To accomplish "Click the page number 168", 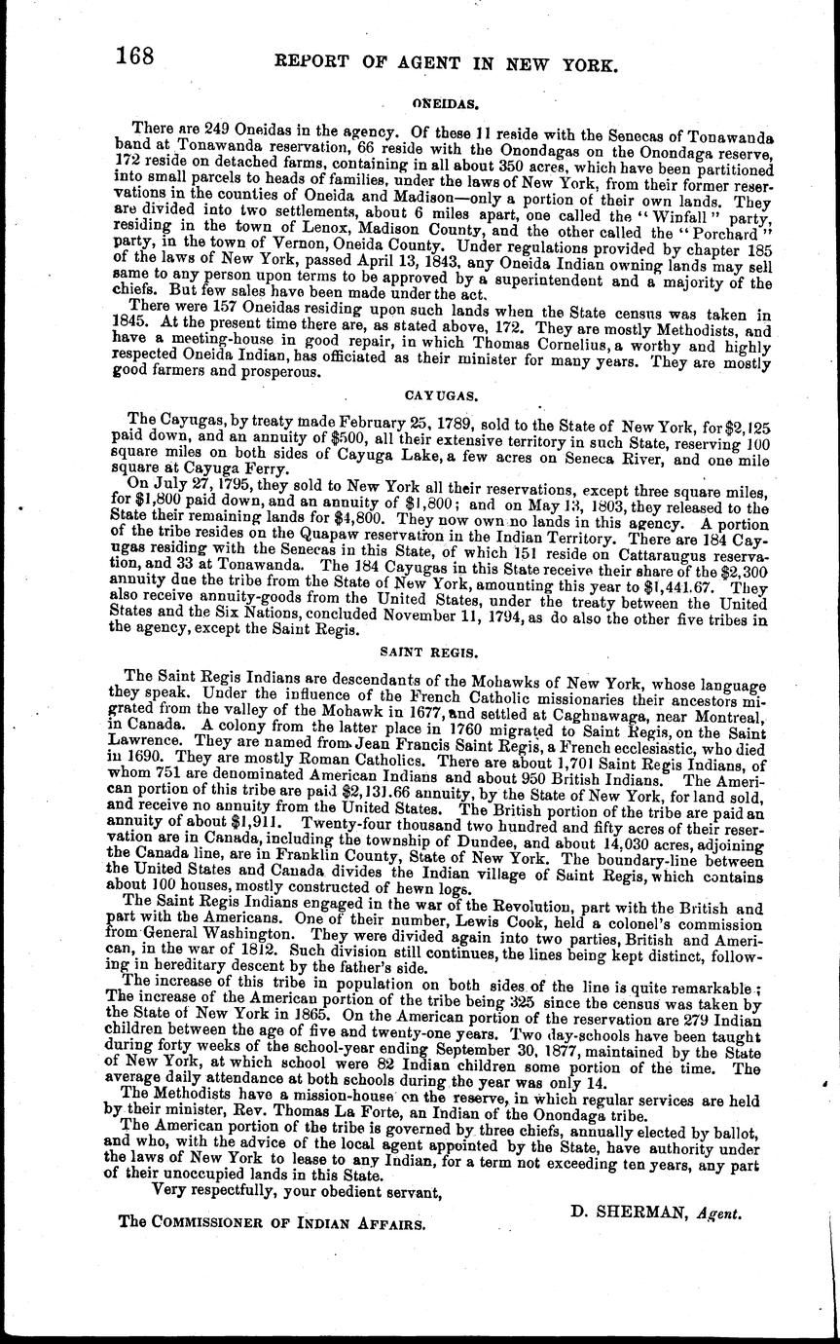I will pyautogui.click(x=134, y=56).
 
